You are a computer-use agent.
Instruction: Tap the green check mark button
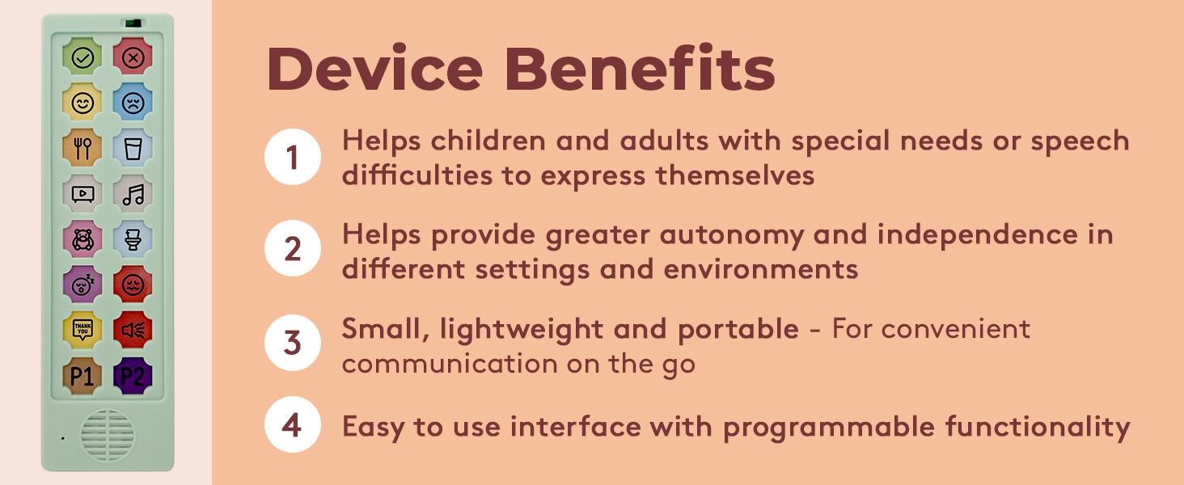point(82,57)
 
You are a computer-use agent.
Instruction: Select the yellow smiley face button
point(82,103)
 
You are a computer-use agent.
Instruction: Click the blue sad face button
point(133,103)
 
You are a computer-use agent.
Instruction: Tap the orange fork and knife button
point(82,148)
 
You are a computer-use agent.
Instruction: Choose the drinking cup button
point(133,148)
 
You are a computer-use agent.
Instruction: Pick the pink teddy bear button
point(82,239)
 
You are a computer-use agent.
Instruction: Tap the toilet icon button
point(133,239)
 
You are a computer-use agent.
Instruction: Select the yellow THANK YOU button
point(82,330)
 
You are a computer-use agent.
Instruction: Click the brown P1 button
point(82,375)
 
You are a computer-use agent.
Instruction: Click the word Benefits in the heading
point(639,70)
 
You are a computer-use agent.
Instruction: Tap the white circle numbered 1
point(292,157)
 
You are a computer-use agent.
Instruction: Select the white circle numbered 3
point(292,343)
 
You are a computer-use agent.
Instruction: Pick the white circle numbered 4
point(292,424)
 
